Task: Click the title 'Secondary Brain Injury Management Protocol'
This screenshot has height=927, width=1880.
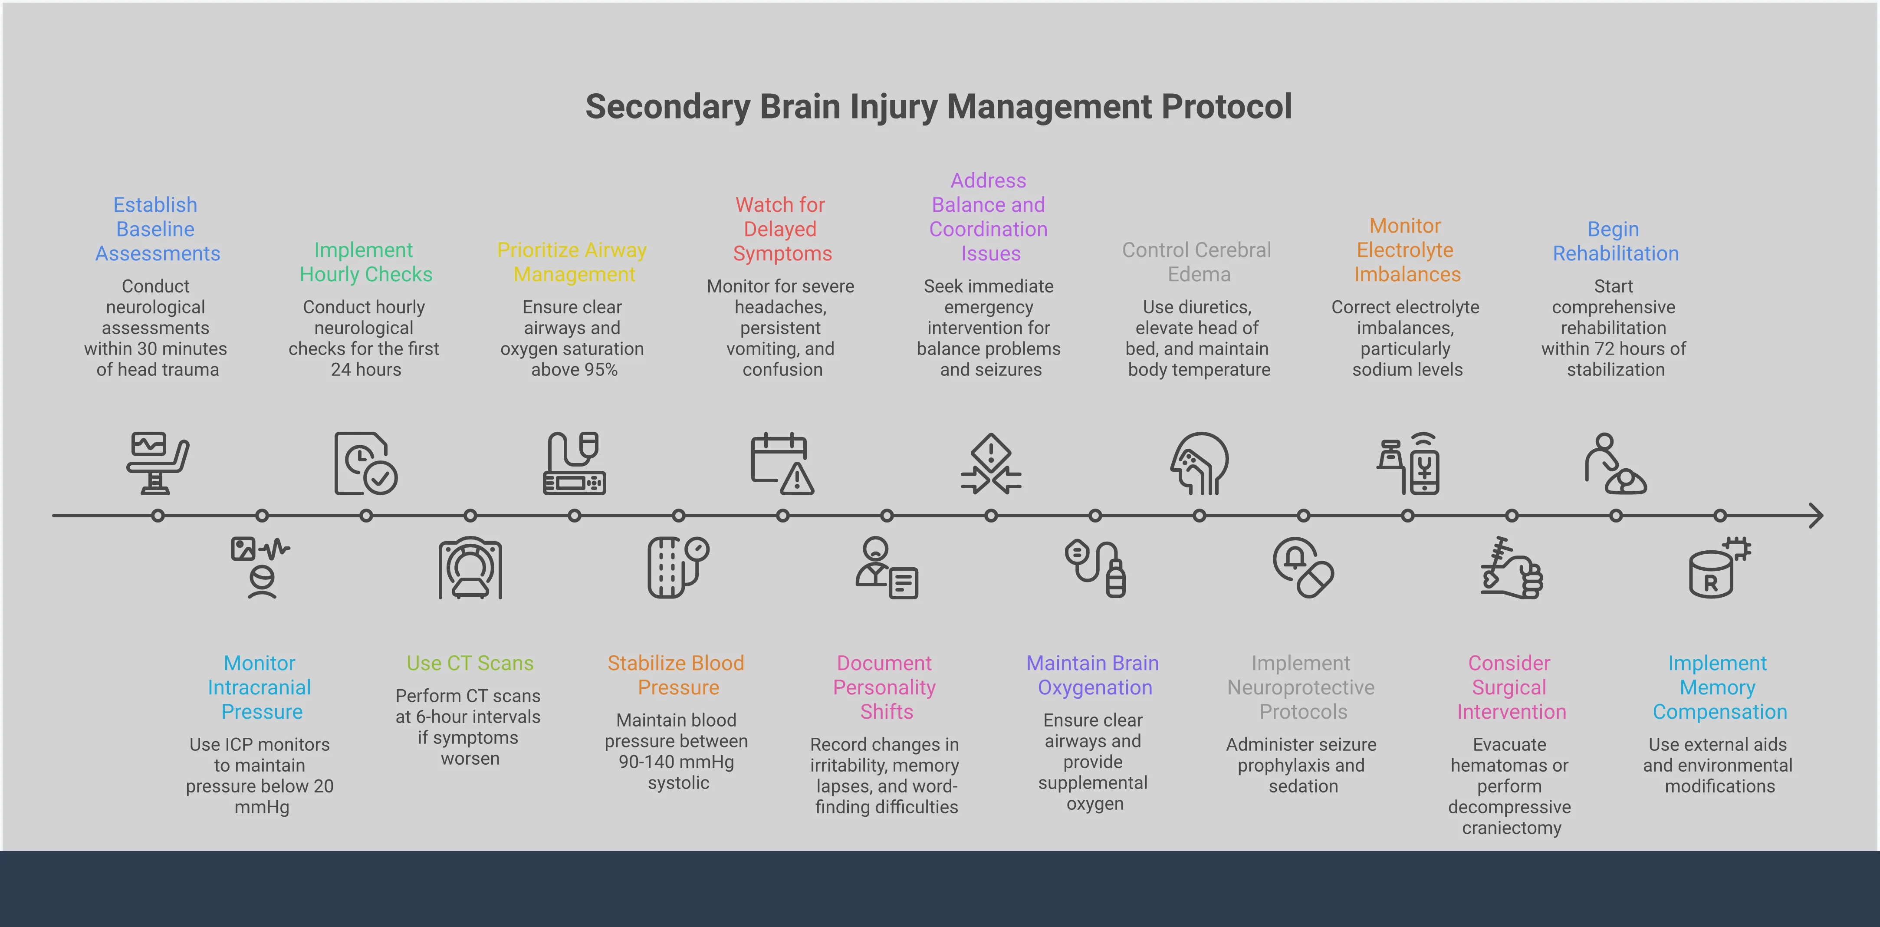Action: click(939, 107)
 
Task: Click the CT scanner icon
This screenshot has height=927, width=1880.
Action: click(470, 568)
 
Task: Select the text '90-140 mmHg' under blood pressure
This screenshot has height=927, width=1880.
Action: click(677, 762)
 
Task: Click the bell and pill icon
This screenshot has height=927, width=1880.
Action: click(1303, 568)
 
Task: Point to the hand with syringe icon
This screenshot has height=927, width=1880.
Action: click(1512, 568)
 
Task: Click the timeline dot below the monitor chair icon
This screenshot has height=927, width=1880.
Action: click(158, 516)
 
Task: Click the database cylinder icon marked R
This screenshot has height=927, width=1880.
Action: click(1719, 568)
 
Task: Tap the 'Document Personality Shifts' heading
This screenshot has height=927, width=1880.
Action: click(885, 687)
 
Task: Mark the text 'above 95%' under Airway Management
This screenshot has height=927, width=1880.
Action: click(574, 370)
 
